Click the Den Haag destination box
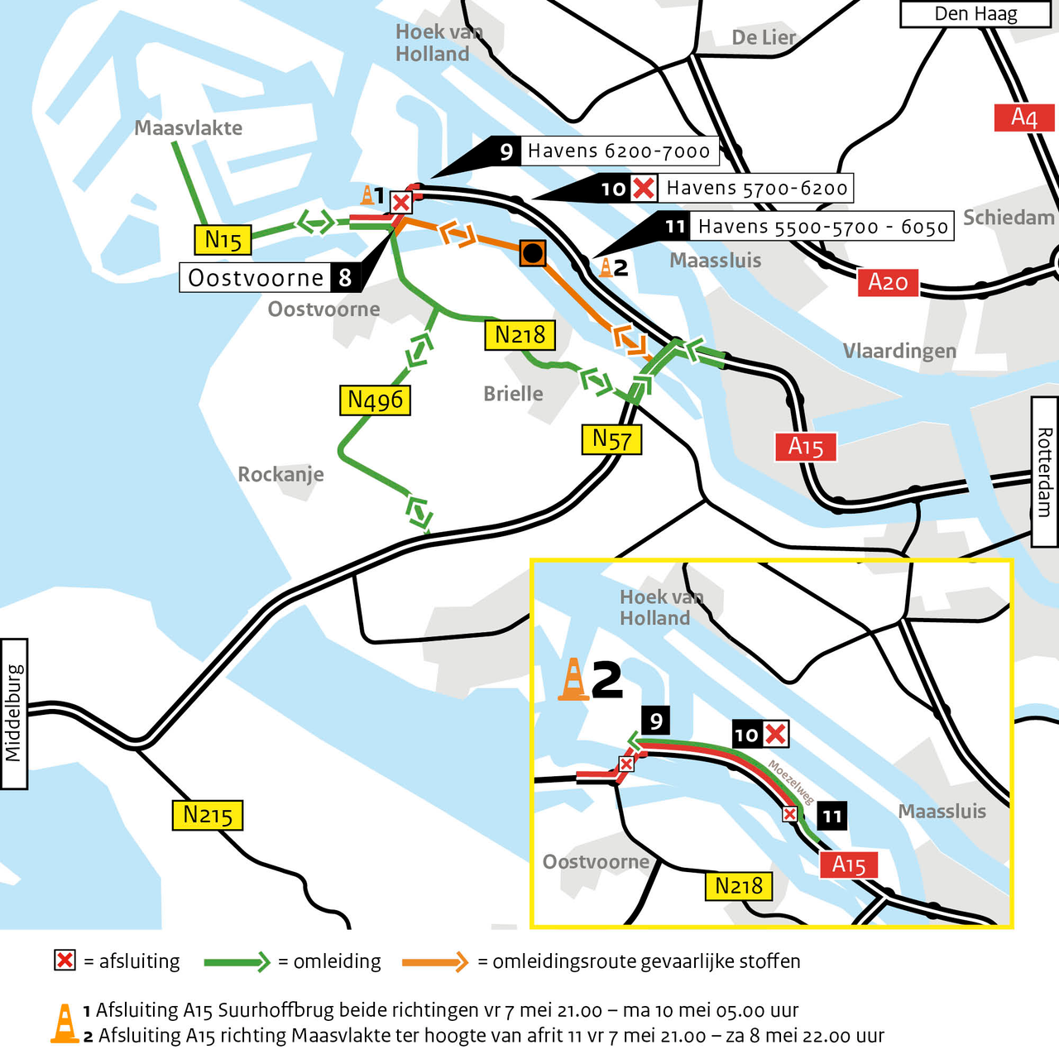click(x=975, y=14)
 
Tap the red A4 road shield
click(x=1023, y=117)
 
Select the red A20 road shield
click(x=888, y=282)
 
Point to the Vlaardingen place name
click(x=899, y=351)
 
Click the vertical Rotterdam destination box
click(x=1044, y=472)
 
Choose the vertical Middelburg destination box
click(x=14, y=713)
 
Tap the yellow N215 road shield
click(x=208, y=815)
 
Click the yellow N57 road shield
click(x=611, y=439)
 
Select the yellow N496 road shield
click(x=375, y=400)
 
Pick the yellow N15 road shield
click(x=223, y=240)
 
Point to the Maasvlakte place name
click(x=189, y=128)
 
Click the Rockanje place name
click(x=280, y=474)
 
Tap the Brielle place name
click(x=513, y=394)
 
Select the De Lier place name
click(x=764, y=38)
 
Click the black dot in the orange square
click(x=533, y=253)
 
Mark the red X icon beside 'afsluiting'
click(x=65, y=960)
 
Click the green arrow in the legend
click(x=237, y=961)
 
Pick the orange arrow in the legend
click(x=435, y=961)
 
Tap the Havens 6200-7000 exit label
click(x=618, y=151)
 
